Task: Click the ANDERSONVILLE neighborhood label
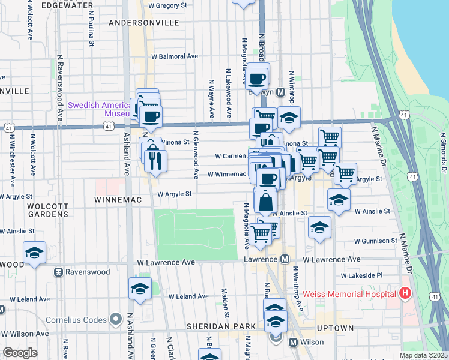click(x=144, y=22)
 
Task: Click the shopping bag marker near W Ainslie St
click(x=265, y=202)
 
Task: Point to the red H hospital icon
click(x=406, y=293)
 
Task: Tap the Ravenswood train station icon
click(x=59, y=272)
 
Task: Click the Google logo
click(x=20, y=353)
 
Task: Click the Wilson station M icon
click(x=294, y=343)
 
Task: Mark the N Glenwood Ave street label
click(x=196, y=155)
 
